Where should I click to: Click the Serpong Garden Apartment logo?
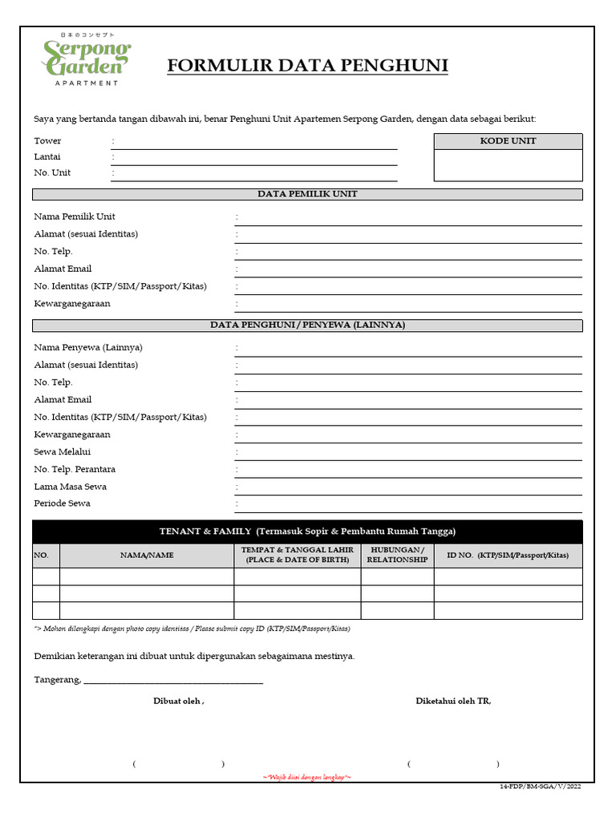[86, 59]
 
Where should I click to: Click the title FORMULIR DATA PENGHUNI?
[307, 66]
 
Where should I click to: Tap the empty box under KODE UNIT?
[508, 165]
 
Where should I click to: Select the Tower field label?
[47, 141]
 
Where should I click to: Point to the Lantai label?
[47, 157]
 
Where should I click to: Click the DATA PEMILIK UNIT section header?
[307, 194]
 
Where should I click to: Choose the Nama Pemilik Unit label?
[75, 216]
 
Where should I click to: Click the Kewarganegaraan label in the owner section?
[72, 304]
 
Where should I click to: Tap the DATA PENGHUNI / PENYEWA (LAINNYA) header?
[307, 325]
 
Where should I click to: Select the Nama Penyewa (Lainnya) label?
[88, 347]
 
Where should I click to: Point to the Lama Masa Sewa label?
[70, 487]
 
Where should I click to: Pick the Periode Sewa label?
[62, 504]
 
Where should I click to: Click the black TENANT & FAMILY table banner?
[307, 532]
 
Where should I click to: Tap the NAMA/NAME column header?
[147, 555]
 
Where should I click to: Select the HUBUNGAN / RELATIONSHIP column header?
[397, 555]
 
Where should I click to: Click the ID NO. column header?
[508, 555]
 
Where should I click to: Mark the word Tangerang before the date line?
[57, 680]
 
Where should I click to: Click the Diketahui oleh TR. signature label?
[453, 702]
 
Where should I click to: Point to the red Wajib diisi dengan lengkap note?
[307, 778]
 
